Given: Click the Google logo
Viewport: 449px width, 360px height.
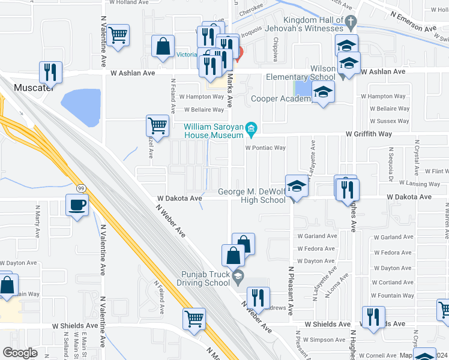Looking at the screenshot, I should pyautogui.click(x=20, y=353).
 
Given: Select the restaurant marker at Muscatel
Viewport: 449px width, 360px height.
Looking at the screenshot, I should pyautogui.click(x=50, y=72).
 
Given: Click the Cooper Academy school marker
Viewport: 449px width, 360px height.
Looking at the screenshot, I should pyautogui.click(x=323, y=92).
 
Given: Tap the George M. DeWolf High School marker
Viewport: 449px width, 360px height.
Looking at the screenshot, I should pyautogui.click(x=295, y=187).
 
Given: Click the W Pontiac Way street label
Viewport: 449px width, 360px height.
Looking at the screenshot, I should pyautogui.click(x=264, y=148).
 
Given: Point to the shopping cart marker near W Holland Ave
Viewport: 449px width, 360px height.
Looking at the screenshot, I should pyautogui.click(x=118, y=35).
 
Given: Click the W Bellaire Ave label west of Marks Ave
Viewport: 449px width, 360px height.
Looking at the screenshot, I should pyautogui.click(x=203, y=110).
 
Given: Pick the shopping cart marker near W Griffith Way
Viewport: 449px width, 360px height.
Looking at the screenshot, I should pyautogui.click(x=157, y=126).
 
